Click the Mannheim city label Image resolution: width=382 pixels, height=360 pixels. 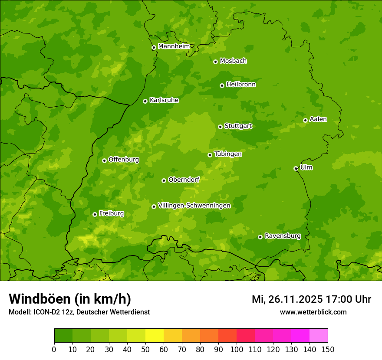174,46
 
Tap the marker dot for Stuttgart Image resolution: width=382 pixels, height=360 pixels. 220,127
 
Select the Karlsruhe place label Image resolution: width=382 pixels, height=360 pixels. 164,100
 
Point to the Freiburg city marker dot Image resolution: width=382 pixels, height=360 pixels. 95,214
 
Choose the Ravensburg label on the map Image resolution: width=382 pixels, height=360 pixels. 283,236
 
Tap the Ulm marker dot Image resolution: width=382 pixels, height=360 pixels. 296,168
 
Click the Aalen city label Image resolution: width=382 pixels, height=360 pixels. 318,119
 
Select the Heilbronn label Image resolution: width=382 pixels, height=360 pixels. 241,85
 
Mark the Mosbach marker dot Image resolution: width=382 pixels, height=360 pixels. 215,62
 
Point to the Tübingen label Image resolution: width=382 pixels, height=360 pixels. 228,154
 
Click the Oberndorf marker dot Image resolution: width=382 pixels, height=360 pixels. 164,180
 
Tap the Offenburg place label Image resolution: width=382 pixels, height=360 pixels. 124,160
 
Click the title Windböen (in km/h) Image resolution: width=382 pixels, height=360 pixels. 70,299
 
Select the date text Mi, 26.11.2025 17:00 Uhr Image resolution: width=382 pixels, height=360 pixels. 311,299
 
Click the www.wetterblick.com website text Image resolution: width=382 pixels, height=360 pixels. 313,312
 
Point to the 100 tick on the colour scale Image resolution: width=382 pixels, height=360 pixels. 237,349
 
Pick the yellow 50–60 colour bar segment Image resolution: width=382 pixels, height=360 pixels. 155,336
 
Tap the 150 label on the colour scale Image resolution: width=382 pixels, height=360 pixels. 328,349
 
